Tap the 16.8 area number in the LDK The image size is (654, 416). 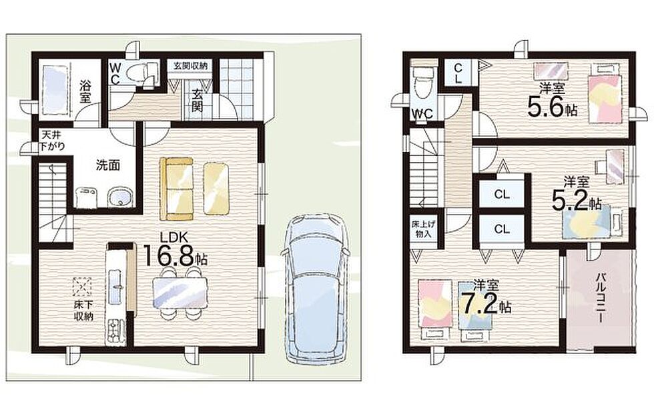tap(169, 255)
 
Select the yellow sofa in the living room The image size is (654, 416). tap(177, 189)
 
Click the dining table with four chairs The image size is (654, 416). tap(180, 293)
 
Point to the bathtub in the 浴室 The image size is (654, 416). tap(54, 87)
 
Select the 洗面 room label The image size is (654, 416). tap(108, 165)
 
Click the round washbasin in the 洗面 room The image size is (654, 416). tap(121, 197)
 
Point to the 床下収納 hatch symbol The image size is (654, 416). tap(82, 287)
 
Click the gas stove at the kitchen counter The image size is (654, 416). tap(115, 331)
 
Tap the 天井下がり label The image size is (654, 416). tap(53, 141)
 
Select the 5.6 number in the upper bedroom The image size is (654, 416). tap(546, 106)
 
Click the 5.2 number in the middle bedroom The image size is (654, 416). tap(570, 200)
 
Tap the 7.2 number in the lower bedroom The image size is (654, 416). tap(478, 303)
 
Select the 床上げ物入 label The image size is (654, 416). tap(423, 229)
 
